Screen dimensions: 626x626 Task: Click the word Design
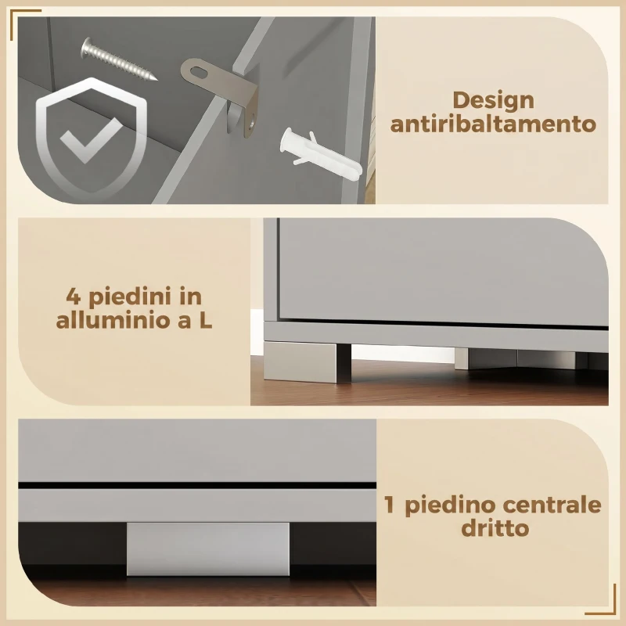(493, 101)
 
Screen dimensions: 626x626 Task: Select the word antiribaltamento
(493, 124)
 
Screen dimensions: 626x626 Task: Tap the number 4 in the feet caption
(74, 297)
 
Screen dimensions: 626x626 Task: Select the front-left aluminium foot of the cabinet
(307, 361)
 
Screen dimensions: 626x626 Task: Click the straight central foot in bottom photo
(207, 549)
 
